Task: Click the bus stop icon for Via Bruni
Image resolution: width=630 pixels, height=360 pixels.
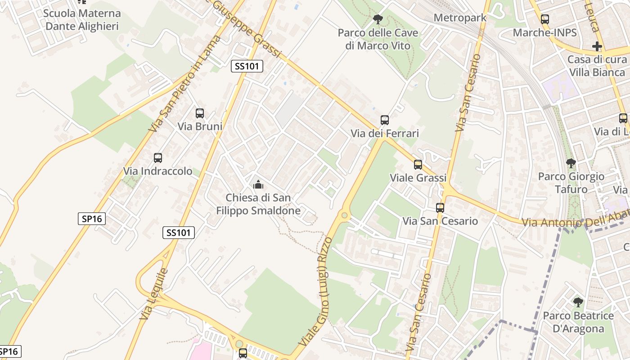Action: click(x=200, y=113)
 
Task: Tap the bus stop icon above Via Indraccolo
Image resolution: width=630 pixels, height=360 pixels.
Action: click(x=158, y=158)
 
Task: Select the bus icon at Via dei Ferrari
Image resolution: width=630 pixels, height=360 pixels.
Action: click(x=385, y=120)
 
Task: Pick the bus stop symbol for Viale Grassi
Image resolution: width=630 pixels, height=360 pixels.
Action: click(x=418, y=165)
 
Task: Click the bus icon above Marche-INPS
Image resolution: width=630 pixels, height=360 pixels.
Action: click(x=545, y=19)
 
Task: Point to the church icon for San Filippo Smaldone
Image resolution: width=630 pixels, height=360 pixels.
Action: click(x=258, y=184)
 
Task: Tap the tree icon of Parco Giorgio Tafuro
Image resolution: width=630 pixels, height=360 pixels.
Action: click(x=571, y=163)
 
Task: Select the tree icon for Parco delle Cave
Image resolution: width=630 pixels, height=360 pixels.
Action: click(x=378, y=19)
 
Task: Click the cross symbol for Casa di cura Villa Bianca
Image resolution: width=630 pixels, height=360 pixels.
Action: click(x=597, y=46)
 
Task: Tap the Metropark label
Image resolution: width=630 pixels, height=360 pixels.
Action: click(x=460, y=18)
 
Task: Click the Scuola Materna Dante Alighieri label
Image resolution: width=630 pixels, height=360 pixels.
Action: click(x=82, y=20)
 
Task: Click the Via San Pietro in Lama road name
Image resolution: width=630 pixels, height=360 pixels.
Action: click(x=185, y=84)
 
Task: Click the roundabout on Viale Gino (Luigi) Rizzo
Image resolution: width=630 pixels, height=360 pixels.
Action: click(x=345, y=215)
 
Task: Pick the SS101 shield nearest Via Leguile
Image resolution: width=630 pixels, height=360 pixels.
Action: click(x=179, y=233)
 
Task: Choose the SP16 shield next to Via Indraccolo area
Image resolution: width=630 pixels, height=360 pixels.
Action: click(x=92, y=219)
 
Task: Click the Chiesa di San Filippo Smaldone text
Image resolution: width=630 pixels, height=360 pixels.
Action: click(x=258, y=204)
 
